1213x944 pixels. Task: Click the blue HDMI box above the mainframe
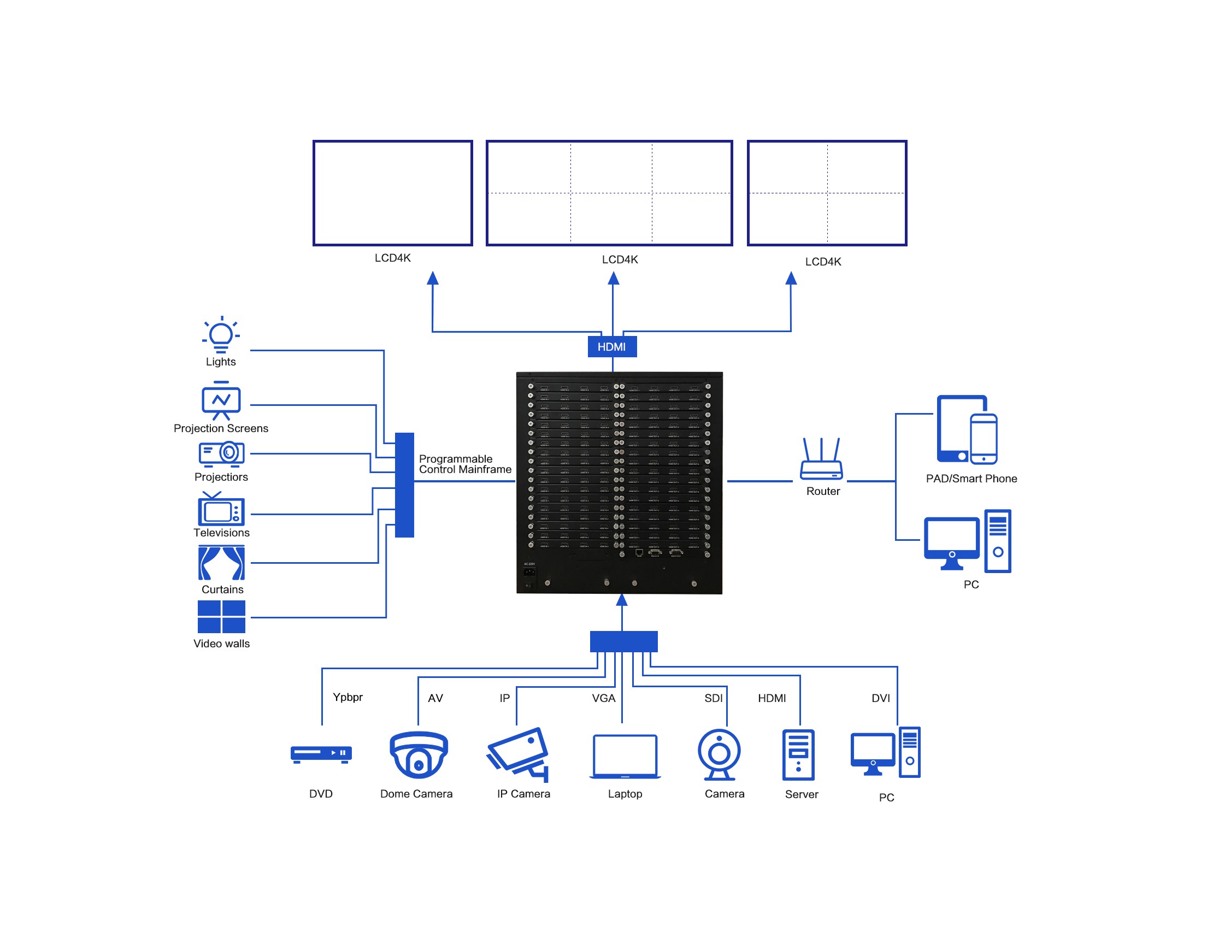[x=611, y=346]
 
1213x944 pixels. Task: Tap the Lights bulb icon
[x=221, y=335]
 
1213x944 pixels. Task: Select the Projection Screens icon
[x=221, y=400]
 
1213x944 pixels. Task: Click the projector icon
[x=222, y=453]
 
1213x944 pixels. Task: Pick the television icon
[x=221, y=510]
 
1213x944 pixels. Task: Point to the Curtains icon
[x=221, y=563]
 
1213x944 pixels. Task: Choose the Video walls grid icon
[x=221, y=616]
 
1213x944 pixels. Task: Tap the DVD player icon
[x=321, y=754]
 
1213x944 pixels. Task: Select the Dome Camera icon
[x=418, y=755]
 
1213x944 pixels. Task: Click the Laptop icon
[x=625, y=756]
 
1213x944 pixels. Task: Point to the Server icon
[x=798, y=755]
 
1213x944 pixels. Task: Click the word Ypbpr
[x=348, y=697]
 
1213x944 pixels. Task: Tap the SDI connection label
[x=713, y=698]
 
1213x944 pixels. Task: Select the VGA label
[x=603, y=698]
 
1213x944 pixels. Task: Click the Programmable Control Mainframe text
[x=465, y=464]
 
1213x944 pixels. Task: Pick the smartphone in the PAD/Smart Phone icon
[x=984, y=439]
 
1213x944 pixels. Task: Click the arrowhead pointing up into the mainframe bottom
[x=622, y=600]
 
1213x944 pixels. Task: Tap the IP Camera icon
[x=518, y=754]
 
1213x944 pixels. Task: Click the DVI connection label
[x=880, y=698]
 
